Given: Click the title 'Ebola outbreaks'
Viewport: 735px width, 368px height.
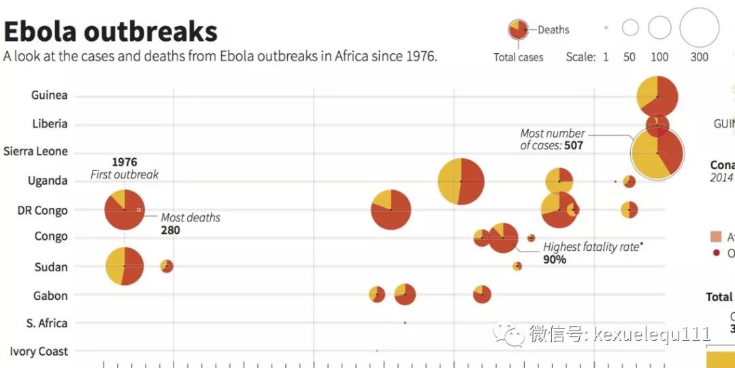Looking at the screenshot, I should [110, 31].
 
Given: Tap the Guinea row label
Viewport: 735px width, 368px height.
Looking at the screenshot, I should [49, 95].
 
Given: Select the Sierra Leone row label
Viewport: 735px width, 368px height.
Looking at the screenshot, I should [35, 151].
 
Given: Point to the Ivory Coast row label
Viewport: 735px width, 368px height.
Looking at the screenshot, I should [39, 352].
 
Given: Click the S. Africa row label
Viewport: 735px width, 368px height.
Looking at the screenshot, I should [47, 323].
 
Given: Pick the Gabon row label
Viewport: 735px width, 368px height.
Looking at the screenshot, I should [50, 296].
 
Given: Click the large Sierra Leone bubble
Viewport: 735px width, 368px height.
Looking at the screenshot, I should [657, 153].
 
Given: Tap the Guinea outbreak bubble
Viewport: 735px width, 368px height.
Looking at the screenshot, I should [657, 96].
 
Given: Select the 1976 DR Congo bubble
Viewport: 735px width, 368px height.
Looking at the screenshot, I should [125, 211].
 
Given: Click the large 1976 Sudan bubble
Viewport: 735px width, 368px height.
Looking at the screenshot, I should [125, 266].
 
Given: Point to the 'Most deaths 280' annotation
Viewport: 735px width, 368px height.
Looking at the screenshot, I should [190, 224].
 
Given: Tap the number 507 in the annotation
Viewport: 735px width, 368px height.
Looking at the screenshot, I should [573, 145].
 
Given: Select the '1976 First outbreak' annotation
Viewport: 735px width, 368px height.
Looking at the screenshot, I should [125, 168].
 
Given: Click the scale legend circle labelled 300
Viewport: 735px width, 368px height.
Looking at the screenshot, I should [699, 27].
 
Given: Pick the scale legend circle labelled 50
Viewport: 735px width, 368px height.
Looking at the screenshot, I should [630, 28].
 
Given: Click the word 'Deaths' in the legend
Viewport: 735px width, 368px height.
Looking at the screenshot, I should [553, 30].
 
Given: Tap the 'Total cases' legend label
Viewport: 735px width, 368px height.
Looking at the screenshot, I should [519, 57].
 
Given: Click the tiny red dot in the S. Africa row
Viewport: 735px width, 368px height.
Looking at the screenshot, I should [405, 323].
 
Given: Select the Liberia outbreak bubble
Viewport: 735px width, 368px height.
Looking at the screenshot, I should [657, 125].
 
